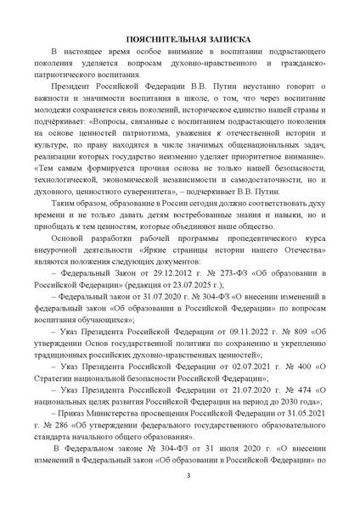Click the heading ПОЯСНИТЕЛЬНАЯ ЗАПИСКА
(x=180, y=39)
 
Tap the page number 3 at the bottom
(x=180, y=484)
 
